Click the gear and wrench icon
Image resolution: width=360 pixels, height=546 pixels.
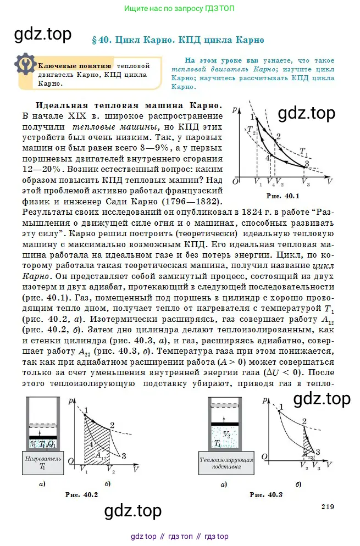[24, 64]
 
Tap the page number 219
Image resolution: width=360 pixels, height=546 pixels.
[327, 507]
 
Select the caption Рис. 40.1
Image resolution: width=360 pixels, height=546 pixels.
[282, 196]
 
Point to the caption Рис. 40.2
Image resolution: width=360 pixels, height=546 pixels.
[81, 495]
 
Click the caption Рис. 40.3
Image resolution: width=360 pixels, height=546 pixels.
[266, 495]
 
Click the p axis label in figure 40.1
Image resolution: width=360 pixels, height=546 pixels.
[235, 109]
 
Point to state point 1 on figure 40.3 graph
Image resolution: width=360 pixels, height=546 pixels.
[281, 407]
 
